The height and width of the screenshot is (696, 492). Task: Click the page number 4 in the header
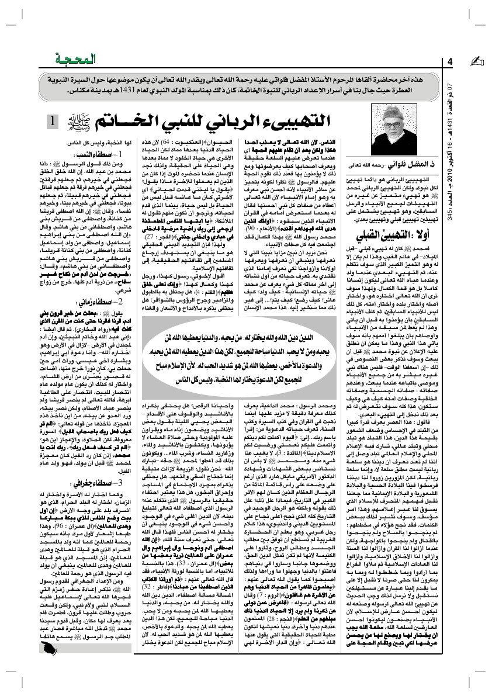point(451,61)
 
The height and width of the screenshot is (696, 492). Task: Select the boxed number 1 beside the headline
point(53,122)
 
